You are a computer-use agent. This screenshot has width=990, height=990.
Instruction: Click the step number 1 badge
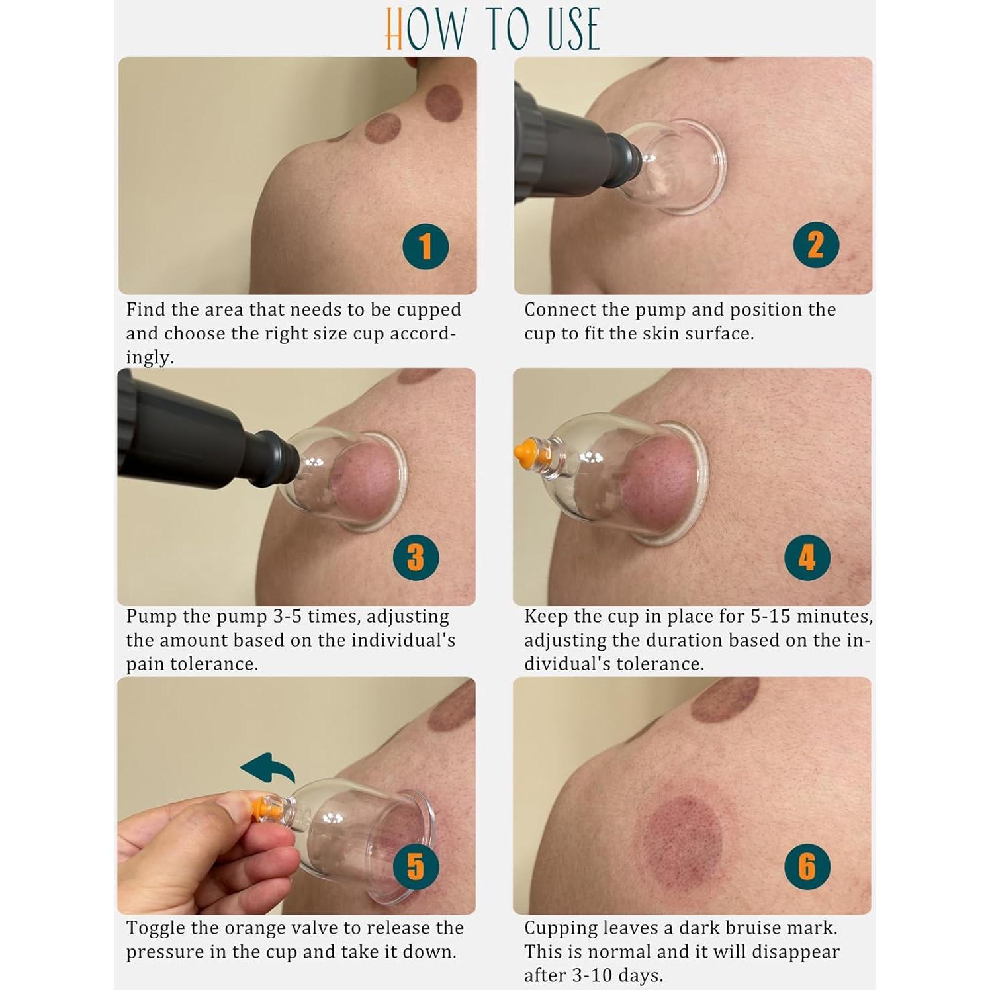pyautogui.click(x=426, y=246)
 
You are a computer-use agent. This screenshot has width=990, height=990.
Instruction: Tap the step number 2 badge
pyautogui.click(x=816, y=245)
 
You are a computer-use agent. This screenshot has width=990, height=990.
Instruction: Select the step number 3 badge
pyautogui.click(x=416, y=557)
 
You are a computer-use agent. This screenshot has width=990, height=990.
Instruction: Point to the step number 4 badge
pyautogui.click(x=807, y=557)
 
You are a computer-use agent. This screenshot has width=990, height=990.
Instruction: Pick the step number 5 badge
pyautogui.click(x=416, y=866)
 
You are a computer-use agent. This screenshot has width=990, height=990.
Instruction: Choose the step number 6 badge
pyautogui.click(x=807, y=866)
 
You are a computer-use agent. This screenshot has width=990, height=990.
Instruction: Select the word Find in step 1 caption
pyautogui.click(x=145, y=310)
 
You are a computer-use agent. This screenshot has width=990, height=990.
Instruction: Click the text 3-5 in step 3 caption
pyautogui.click(x=288, y=617)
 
